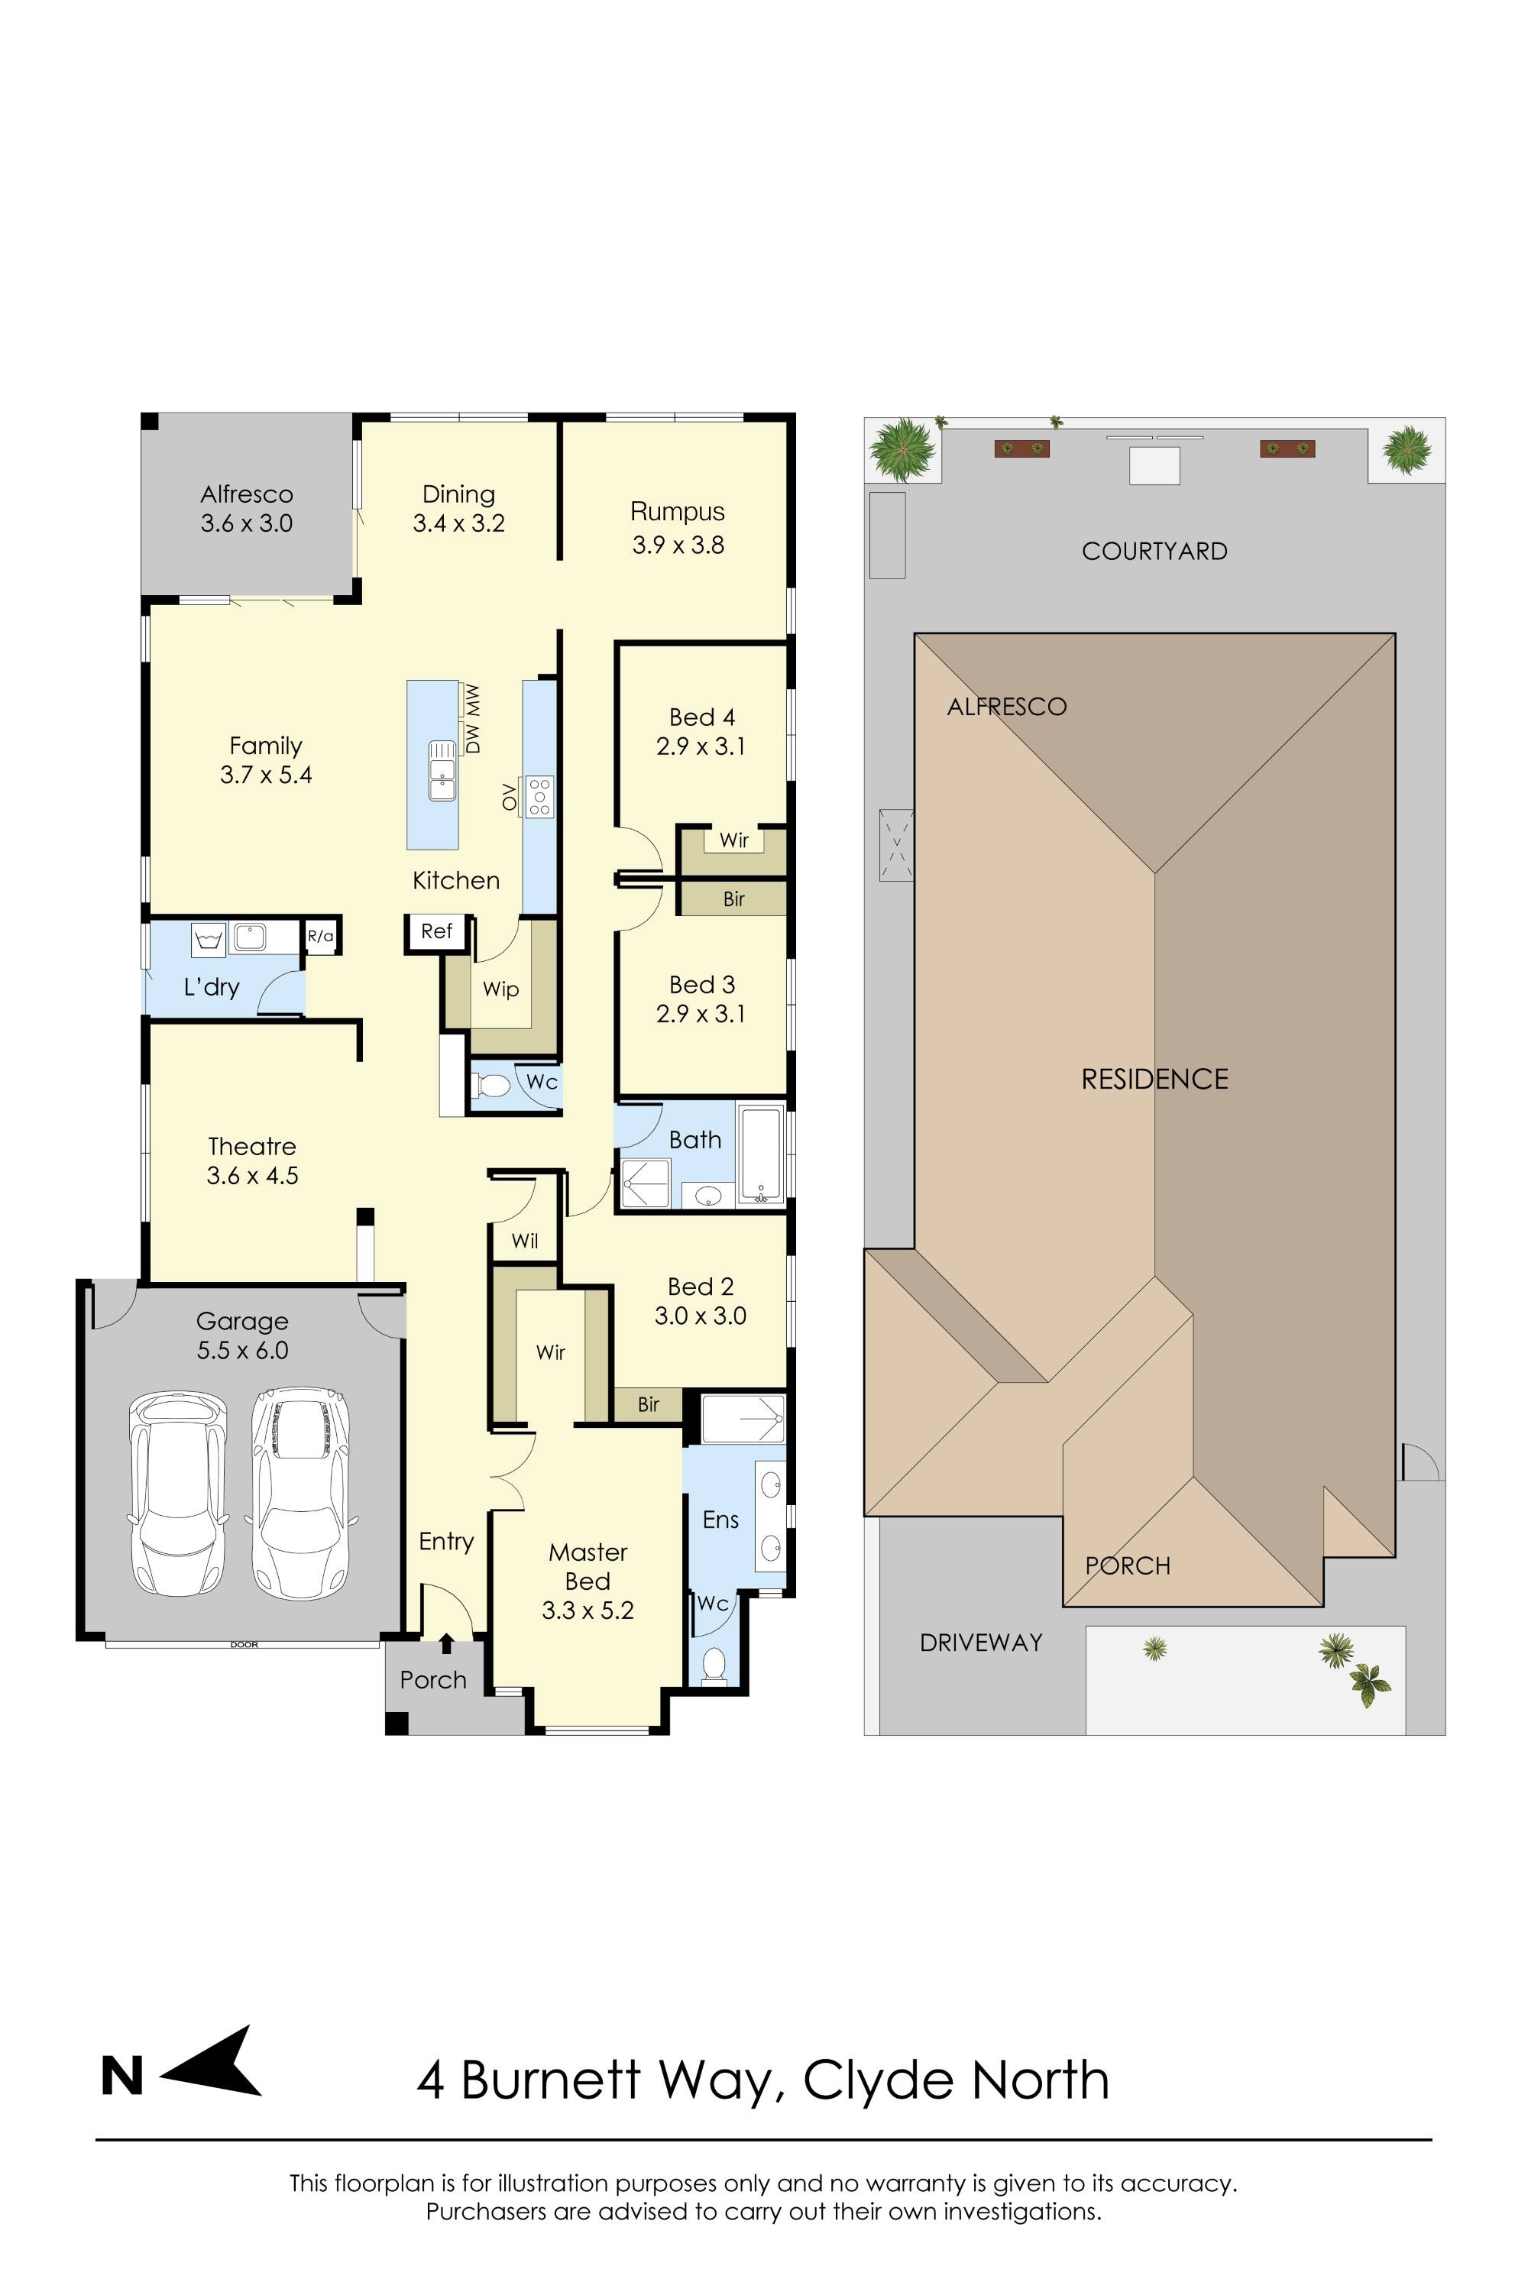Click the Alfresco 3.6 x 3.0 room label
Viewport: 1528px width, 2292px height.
pyautogui.click(x=247, y=509)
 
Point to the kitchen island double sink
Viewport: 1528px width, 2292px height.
pyautogui.click(x=442, y=771)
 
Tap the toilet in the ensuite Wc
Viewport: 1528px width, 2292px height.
pyautogui.click(x=714, y=1666)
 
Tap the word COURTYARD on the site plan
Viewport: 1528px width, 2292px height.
pyautogui.click(x=1154, y=552)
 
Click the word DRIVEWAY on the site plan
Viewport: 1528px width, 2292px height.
pyautogui.click(x=981, y=1643)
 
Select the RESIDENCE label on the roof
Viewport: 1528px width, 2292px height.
pyautogui.click(x=1154, y=1079)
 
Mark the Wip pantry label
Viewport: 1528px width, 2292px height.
pyautogui.click(x=501, y=989)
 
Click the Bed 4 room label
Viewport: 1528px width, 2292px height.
pyautogui.click(x=701, y=732)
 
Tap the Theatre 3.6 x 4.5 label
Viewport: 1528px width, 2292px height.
pyautogui.click(x=252, y=1161)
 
